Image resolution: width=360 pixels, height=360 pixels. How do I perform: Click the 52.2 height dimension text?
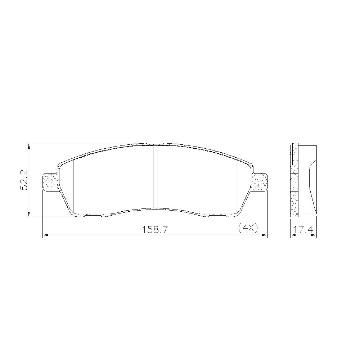click(x=24, y=180)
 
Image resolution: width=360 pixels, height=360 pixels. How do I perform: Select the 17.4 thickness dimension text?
click(x=303, y=230)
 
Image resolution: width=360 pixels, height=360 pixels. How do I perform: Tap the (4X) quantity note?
click(x=248, y=228)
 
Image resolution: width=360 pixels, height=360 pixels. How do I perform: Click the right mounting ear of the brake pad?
click(x=260, y=182)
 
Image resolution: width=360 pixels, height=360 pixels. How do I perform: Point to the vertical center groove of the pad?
click(x=155, y=177)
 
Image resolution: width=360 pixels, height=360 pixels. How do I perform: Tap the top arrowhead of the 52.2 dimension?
click(x=28, y=146)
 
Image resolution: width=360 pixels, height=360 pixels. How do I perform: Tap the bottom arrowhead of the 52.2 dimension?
click(x=28, y=214)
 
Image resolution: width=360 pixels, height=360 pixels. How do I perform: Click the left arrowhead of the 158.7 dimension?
click(x=45, y=235)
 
